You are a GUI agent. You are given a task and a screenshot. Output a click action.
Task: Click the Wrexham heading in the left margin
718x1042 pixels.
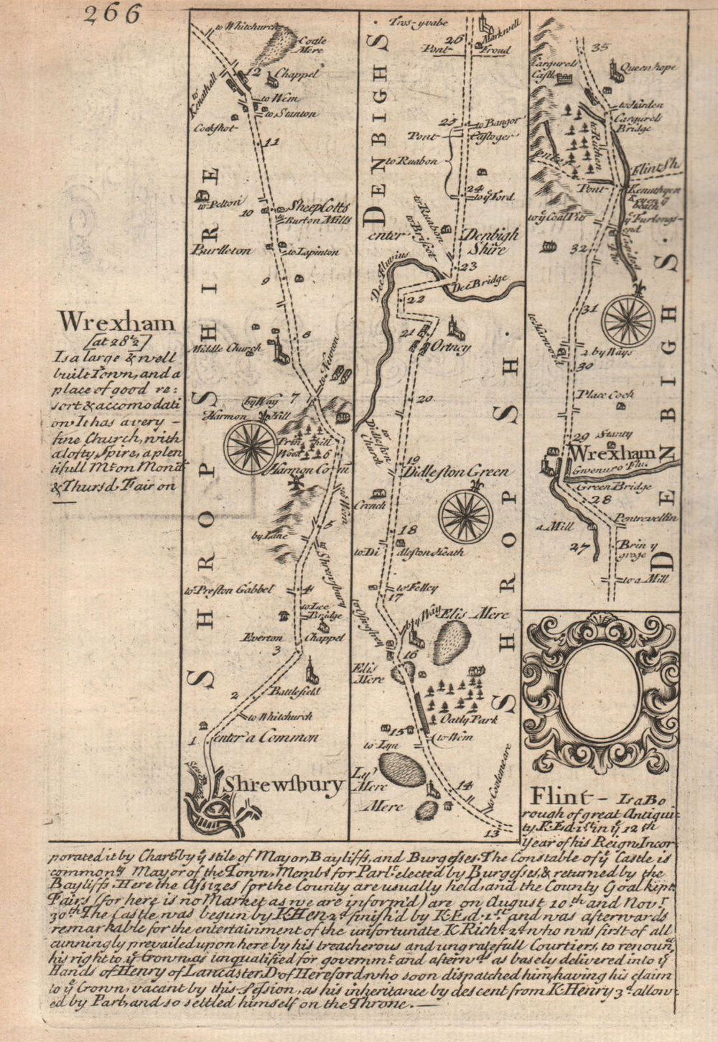117,322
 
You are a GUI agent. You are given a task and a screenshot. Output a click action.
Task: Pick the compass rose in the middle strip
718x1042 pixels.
466,515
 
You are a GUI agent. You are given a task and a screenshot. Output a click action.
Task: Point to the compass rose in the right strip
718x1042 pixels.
628,320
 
